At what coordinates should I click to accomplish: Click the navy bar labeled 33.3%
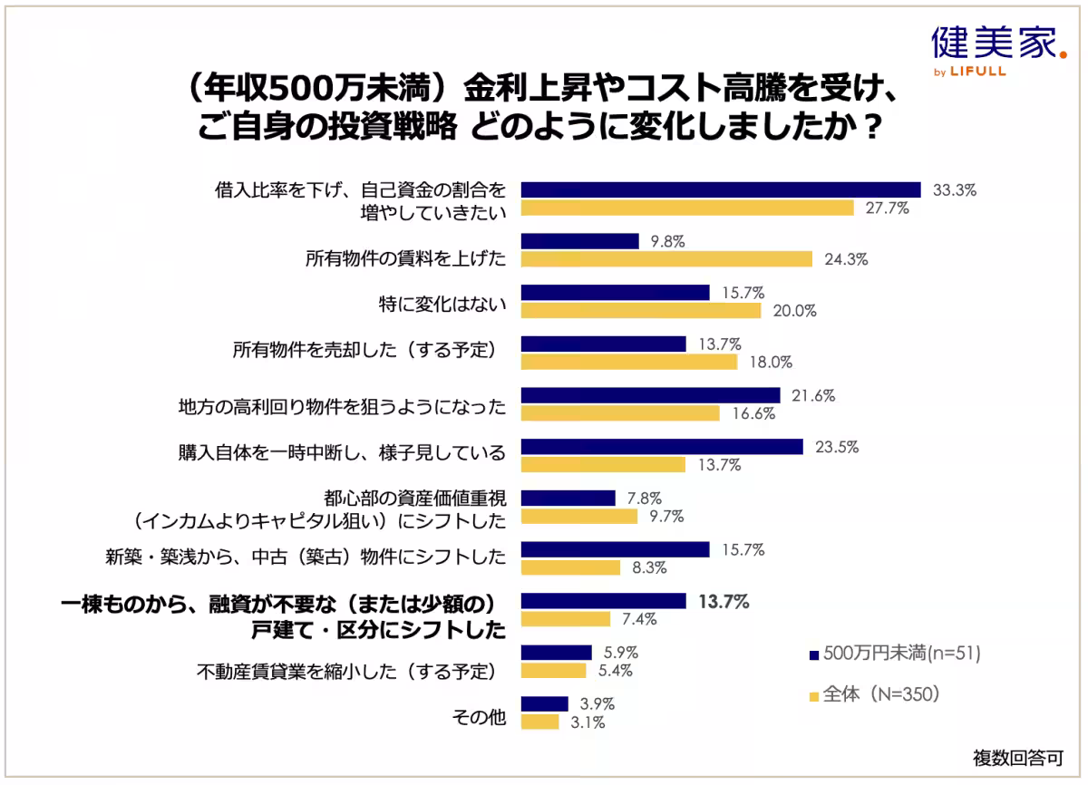pos(721,189)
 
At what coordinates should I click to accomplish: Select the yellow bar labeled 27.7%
pos(687,208)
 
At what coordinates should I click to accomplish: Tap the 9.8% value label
pos(667,241)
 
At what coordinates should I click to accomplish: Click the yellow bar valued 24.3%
pos(666,259)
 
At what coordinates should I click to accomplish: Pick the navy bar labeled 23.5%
pos(662,447)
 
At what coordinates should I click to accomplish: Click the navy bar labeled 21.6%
pos(650,395)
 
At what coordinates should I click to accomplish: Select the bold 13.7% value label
pos(724,601)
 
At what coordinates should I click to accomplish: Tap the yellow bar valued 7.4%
pos(566,619)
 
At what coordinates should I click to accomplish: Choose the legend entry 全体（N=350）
pos(879,695)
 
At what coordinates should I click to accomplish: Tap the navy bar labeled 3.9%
pos(544,704)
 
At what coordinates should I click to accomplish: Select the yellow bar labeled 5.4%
pos(553,671)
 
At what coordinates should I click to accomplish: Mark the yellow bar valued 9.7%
pos(578,517)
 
